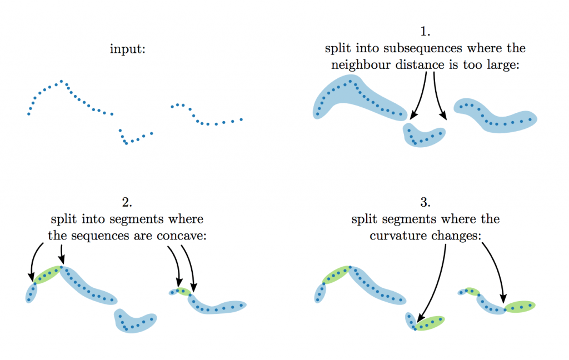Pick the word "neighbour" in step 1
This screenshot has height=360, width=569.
[x=359, y=64]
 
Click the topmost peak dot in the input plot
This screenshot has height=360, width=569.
[x=61, y=81]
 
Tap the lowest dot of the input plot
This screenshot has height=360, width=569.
[x=126, y=144]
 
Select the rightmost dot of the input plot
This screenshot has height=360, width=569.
[x=241, y=119]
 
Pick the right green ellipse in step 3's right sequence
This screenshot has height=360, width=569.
[x=520, y=306]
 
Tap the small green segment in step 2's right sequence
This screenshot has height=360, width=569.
[x=183, y=291]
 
